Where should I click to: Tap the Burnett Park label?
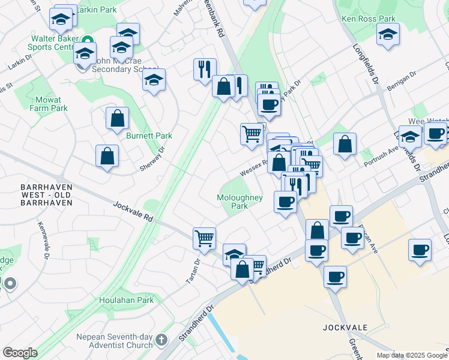click(x=149, y=136)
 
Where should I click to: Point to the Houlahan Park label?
click(x=127, y=300)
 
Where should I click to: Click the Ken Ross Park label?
click(x=369, y=19)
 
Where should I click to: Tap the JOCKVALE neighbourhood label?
click(x=345, y=328)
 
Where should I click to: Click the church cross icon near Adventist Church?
click(x=161, y=341)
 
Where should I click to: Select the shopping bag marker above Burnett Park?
click(x=117, y=118)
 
